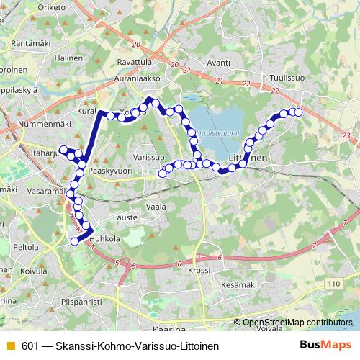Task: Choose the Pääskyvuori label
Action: pos(107,172)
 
